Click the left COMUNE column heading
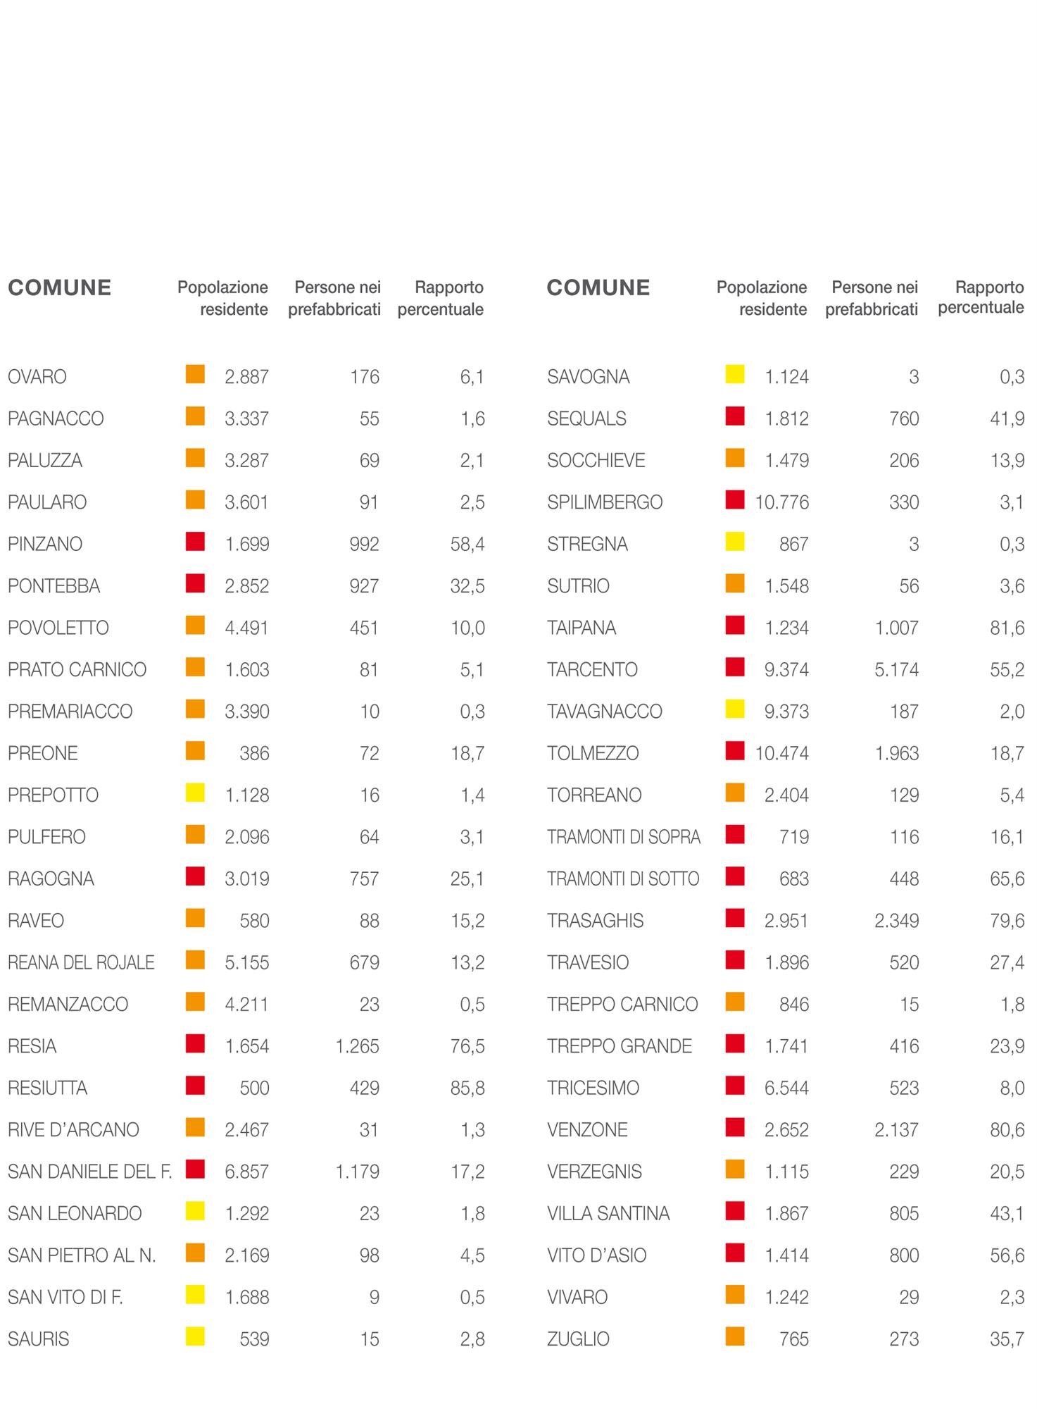[59, 287]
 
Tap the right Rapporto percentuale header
[981, 297]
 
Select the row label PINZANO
[45, 544]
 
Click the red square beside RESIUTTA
[195, 1086]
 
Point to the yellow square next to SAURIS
[195, 1336]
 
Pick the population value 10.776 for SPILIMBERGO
[781, 502]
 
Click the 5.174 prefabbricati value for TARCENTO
[896, 669]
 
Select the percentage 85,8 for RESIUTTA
[467, 1088]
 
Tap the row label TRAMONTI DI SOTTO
[623, 879]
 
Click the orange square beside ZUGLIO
[735, 1336]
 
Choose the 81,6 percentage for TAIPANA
[1007, 628]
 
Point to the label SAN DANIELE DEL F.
[89, 1172]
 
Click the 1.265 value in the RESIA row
[357, 1046]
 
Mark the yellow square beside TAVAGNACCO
[735, 709]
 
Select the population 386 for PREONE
[254, 753]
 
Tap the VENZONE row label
[587, 1130]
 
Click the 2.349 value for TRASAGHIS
[896, 921]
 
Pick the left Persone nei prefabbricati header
[334, 298]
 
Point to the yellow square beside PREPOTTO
[195, 793]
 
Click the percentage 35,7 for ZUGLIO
[1007, 1339]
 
